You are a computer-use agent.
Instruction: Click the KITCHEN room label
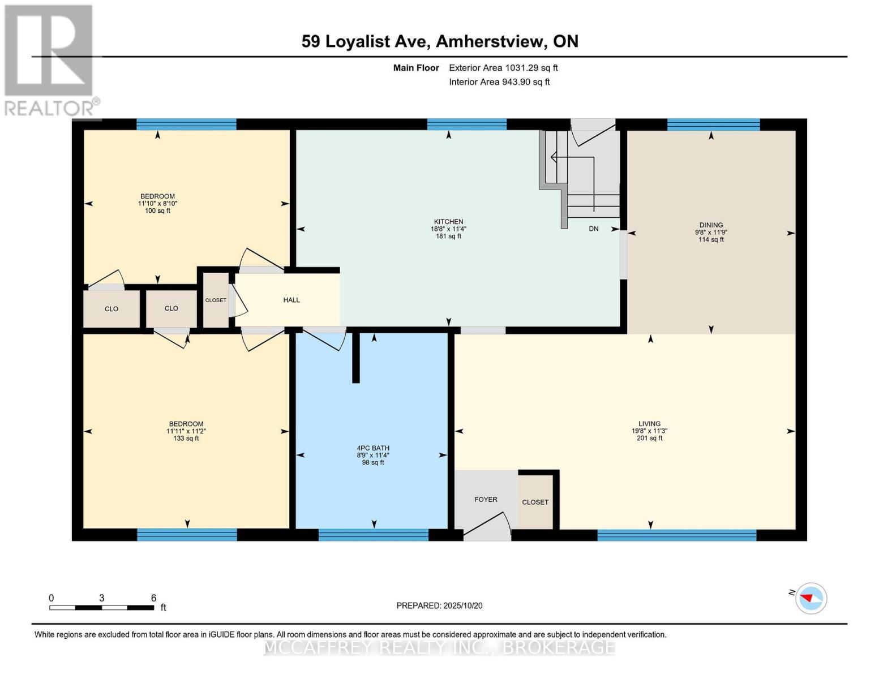448,222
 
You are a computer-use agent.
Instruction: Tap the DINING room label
711,225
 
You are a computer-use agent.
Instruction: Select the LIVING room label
649,423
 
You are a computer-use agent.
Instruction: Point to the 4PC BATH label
372,448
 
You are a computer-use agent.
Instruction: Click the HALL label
291,300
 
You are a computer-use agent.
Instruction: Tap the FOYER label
486,500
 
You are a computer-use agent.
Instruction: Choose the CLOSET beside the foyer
535,502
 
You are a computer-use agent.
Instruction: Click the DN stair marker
593,229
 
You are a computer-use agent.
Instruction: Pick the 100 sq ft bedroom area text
157,211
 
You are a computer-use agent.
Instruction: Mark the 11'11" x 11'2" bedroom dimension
186,431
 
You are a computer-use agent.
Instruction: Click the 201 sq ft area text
649,438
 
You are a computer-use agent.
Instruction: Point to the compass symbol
811,598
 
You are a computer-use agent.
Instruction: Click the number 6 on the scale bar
153,598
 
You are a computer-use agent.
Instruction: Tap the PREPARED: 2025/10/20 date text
439,605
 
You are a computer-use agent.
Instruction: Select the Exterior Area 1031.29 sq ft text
503,68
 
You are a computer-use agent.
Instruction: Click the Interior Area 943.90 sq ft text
499,82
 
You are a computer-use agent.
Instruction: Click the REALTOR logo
50,59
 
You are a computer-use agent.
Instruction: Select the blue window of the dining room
713,125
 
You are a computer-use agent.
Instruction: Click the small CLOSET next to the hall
216,300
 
